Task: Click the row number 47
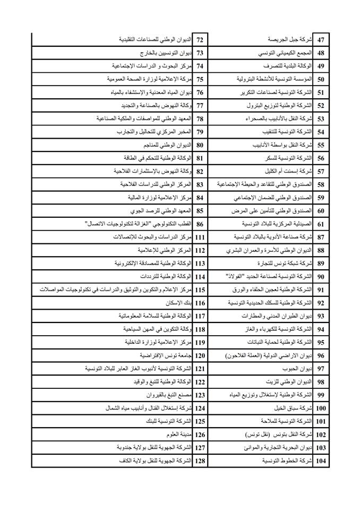tap(321, 40)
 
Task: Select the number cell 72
tap(200, 40)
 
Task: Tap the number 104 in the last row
tap(320, 461)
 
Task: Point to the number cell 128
tap(200, 461)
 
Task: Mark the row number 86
tap(200, 224)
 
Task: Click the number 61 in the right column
tap(321, 224)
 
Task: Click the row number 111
tap(200, 237)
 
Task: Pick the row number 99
tap(321, 395)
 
